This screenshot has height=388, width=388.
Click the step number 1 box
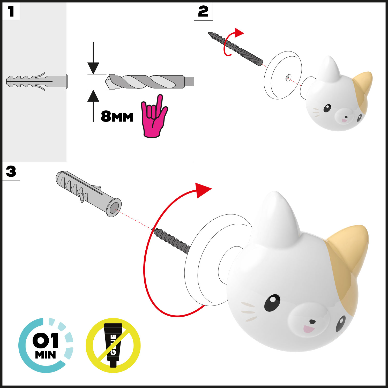point(11,11)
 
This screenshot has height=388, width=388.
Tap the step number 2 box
point(203,11)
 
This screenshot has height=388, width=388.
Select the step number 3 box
point(11,171)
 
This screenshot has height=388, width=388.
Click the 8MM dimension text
point(117,117)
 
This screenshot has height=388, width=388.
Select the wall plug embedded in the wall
point(37,81)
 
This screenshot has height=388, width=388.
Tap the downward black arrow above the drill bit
point(93,58)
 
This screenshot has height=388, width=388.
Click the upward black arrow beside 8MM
point(93,106)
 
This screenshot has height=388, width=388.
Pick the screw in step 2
point(235,49)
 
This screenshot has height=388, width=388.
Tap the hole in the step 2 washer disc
point(288,77)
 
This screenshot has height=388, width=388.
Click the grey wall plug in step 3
point(88,193)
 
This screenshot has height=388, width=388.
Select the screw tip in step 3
point(153,230)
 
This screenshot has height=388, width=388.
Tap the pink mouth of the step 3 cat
point(308,329)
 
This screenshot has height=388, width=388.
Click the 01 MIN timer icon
point(46,345)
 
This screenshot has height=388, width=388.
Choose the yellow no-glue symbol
point(113,345)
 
